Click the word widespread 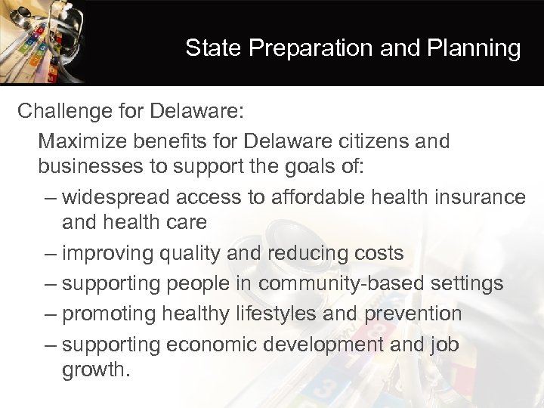coord(116,197)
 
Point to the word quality coord(188,253)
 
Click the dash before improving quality coord(50,253)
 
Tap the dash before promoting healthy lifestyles coord(50,314)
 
